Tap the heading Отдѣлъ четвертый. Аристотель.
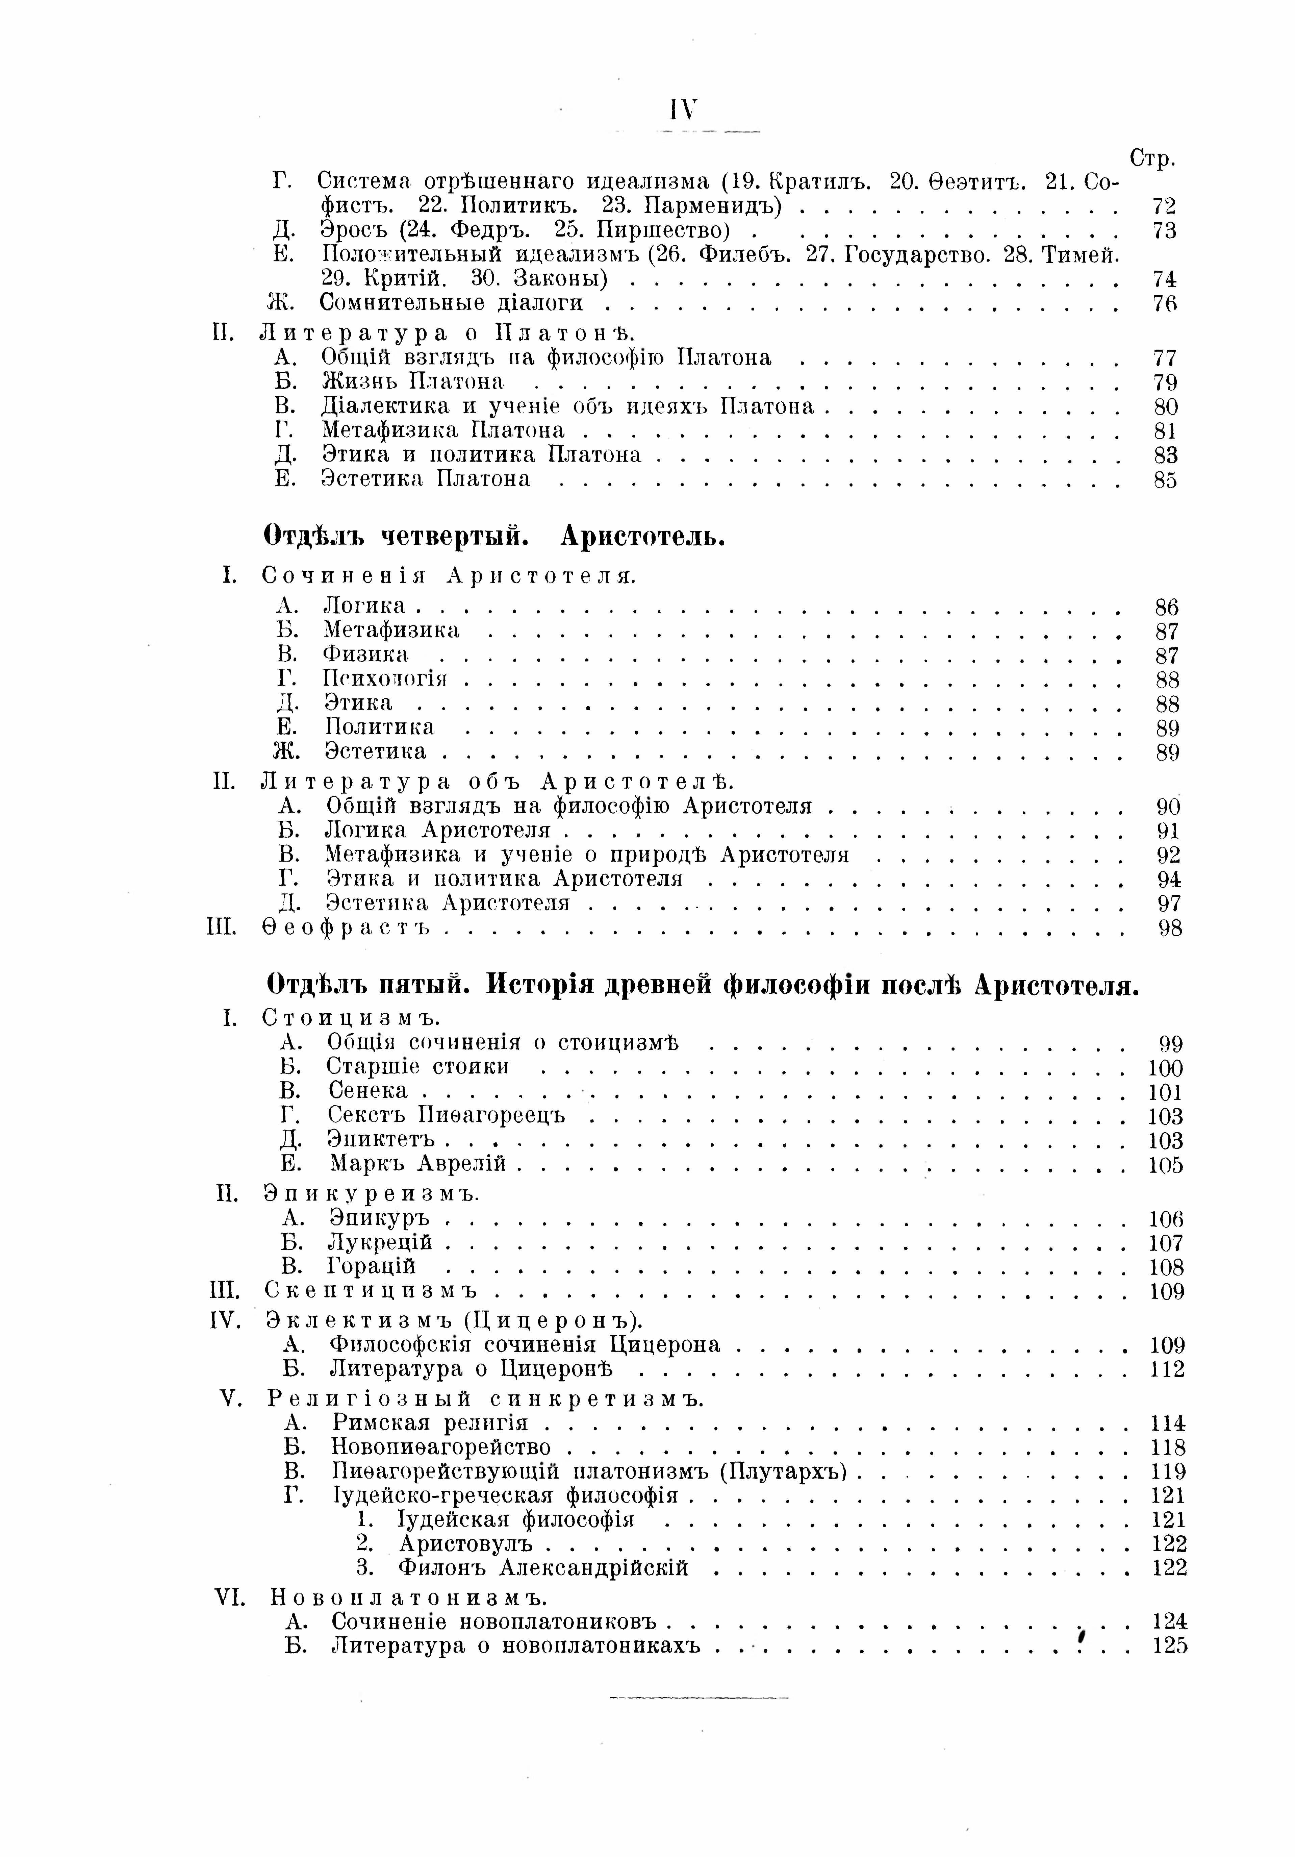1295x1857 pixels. coord(495,536)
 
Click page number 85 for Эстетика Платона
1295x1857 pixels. coord(1165,480)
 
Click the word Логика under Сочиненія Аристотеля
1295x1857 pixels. coord(364,605)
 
